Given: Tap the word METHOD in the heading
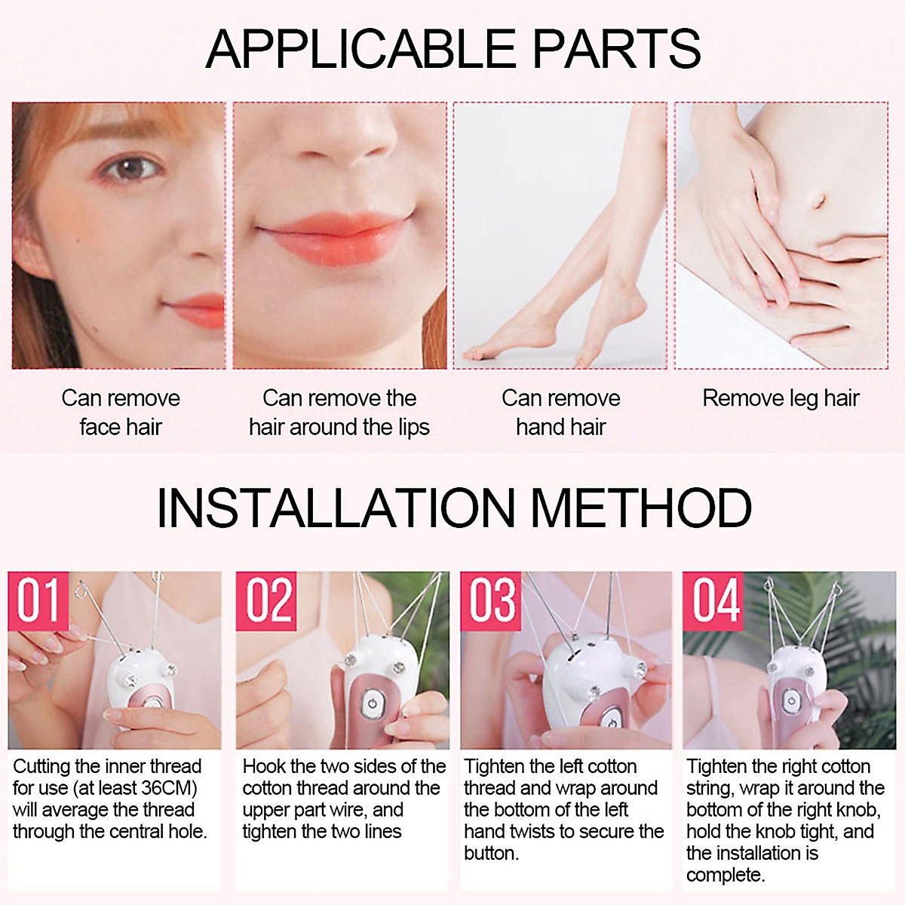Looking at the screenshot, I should coord(642,508).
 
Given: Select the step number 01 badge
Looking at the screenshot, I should coord(38,601).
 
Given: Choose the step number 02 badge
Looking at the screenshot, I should coord(266,601).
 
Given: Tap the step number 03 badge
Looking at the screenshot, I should coord(492,601).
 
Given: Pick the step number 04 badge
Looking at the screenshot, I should coord(714,601).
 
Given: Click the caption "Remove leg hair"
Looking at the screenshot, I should coord(781,398).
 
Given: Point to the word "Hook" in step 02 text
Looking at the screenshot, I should coord(264,766).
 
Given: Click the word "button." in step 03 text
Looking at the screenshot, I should coord(491,853).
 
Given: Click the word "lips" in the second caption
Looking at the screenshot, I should coord(414,428).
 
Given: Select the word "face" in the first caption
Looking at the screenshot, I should coord(100,428).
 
